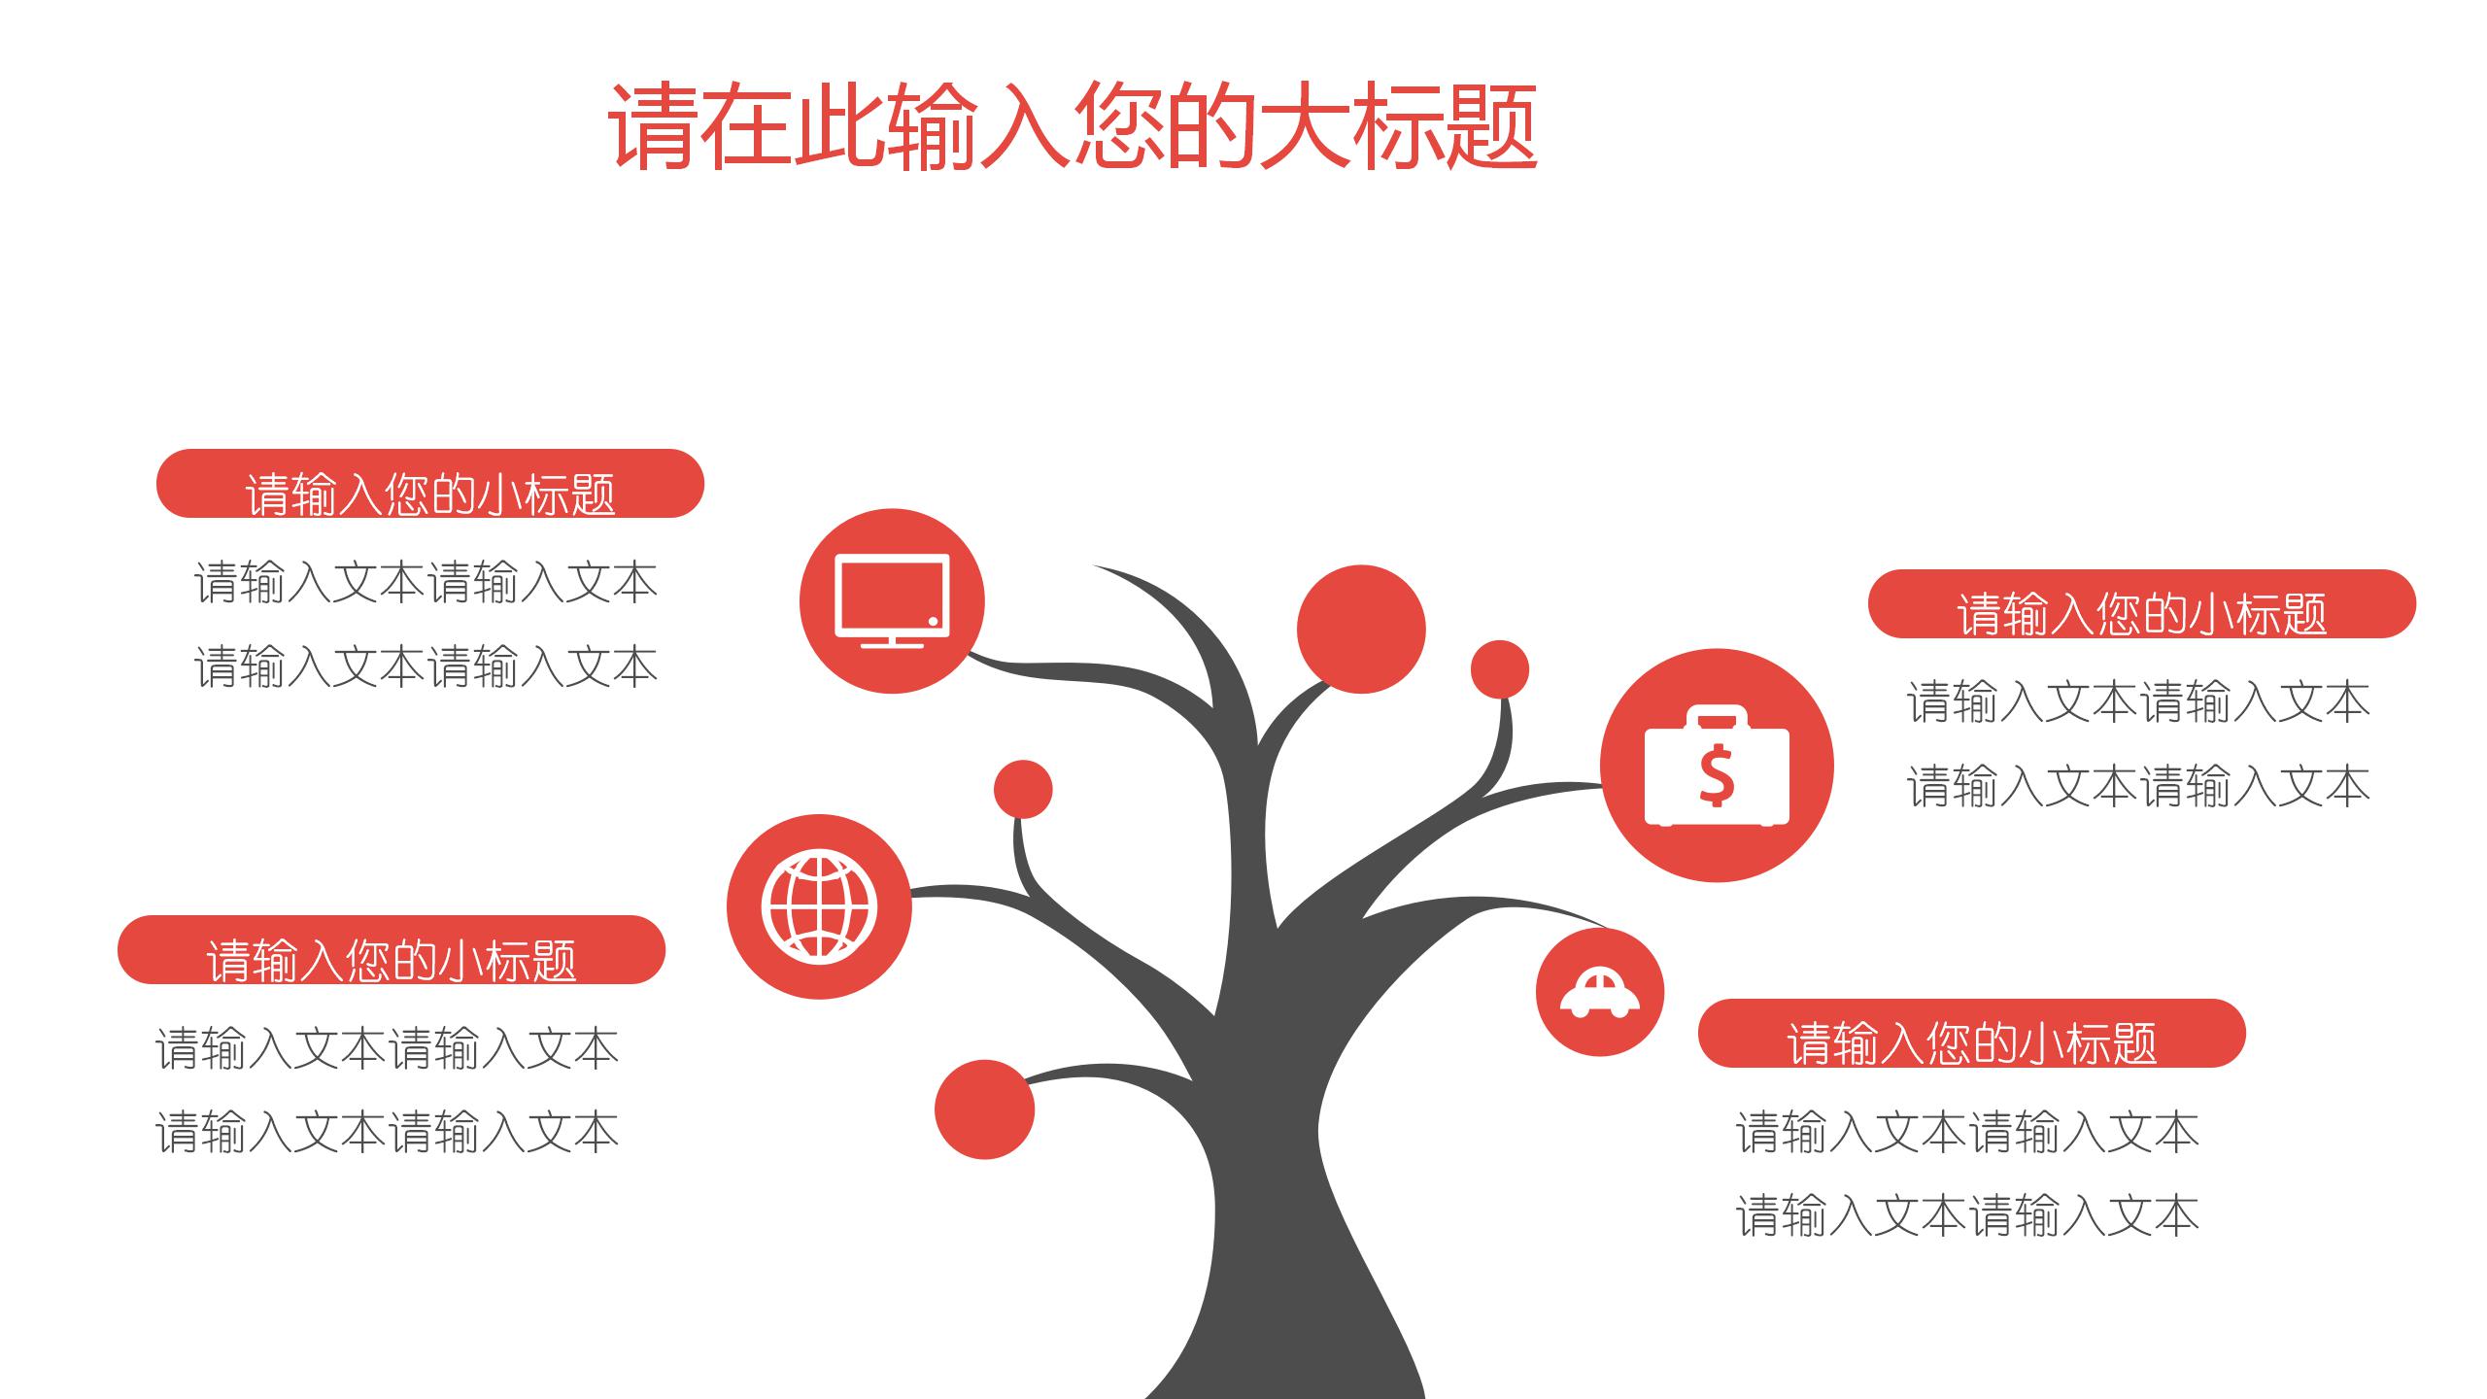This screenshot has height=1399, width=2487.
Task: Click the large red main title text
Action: pyautogui.click(x=1073, y=127)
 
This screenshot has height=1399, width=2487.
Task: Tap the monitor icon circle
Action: pyautogui.click(x=892, y=600)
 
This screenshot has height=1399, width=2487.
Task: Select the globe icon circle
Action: pyautogui.click(x=819, y=906)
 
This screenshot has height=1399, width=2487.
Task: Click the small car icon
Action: pyautogui.click(x=1599, y=992)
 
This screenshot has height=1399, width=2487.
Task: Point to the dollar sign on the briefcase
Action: pyautogui.click(x=1717, y=774)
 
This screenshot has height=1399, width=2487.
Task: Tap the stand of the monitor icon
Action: pyautogui.click(x=892, y=640)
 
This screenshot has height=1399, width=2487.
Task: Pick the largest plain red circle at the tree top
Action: pyautogui.click(x=1361, y=630)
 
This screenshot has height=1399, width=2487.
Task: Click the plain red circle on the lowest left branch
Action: pyautogui.click(x=984, y=1109)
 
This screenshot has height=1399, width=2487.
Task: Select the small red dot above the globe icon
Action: pyautogui.click(x=1022, y=789)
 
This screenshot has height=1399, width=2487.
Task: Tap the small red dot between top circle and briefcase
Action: pyautogui.click(x=1499, y=669)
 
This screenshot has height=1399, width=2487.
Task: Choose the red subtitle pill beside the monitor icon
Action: pyautogui.click(x=429, y=484)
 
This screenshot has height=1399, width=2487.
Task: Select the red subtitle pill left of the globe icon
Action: pyautogui.click(x=391, y=950)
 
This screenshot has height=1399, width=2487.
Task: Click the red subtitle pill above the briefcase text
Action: pyautogui.click(x=2141, y=604)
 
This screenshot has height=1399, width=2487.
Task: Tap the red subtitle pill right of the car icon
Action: pyautogui.click(x=1971, y=1034)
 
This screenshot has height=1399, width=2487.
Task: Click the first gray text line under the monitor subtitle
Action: pyautogui.click(x=426, y=583)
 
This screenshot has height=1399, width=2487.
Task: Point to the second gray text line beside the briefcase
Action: pyautogui.click(x=2137, y=786)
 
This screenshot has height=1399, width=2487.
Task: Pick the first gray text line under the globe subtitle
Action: pyautogui.click(x=387, y=1049)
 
